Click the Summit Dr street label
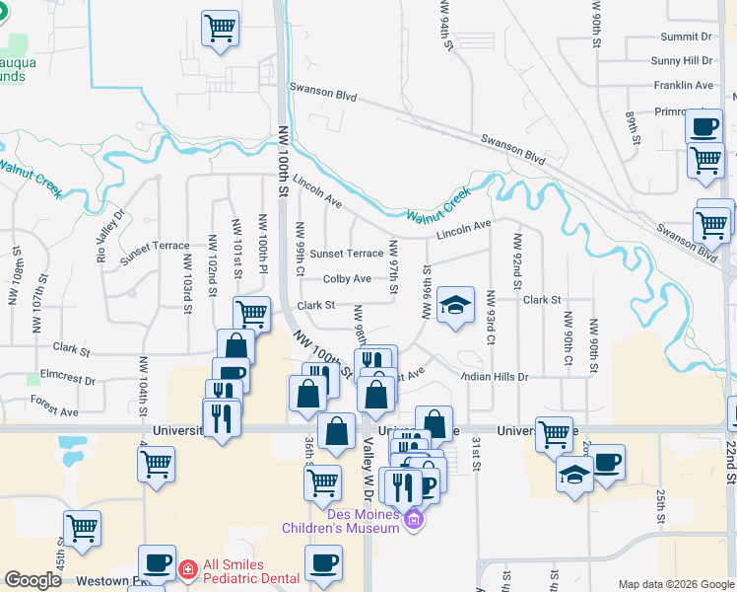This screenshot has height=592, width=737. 686,37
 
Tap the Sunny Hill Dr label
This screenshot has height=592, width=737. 681,61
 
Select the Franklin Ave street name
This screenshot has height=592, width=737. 683,86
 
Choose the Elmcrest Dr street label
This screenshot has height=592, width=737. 68,379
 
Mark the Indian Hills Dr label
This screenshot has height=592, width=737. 495,377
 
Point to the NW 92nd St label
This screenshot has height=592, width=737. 515,257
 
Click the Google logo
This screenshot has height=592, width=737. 33,580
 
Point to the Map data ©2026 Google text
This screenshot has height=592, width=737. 675,584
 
